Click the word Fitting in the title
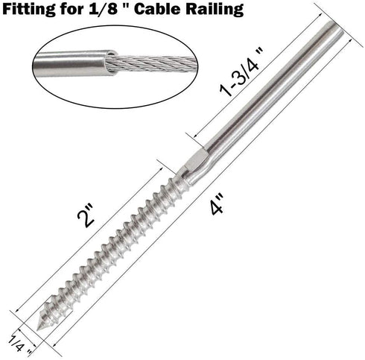click(31, 10)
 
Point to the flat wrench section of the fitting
click(195, 160)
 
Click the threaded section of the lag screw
click(112, 246)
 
